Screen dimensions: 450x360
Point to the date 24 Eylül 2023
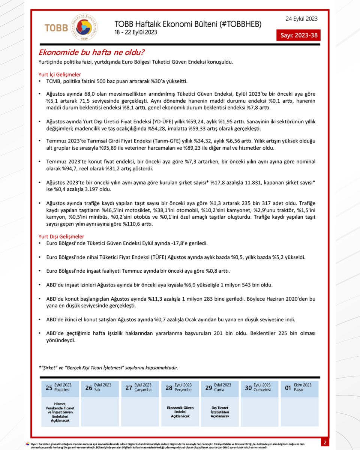point(301,18)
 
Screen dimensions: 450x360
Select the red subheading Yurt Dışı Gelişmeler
point(61,237)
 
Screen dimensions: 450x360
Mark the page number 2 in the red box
point(325,442)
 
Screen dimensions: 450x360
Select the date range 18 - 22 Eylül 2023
point(136,33)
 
